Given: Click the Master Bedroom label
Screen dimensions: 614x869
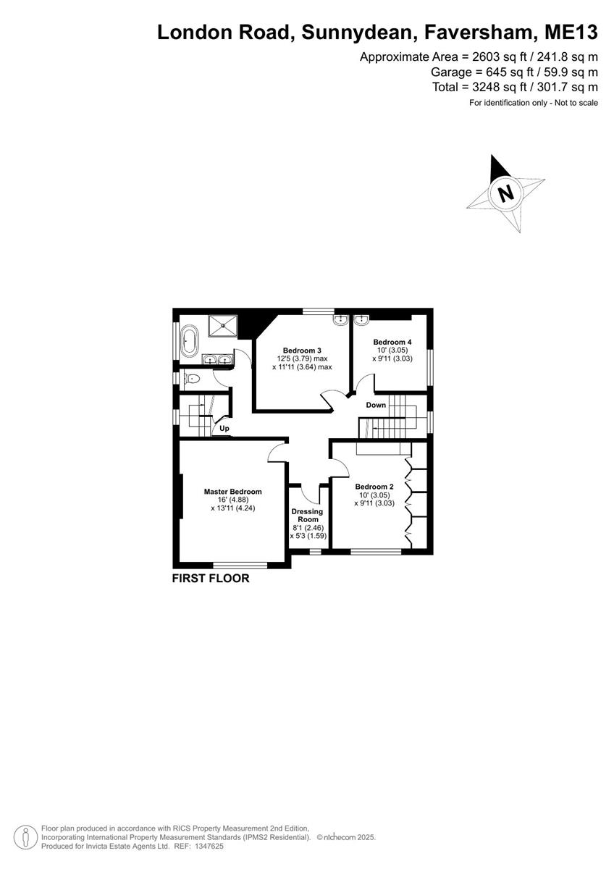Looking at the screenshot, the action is point(232,492).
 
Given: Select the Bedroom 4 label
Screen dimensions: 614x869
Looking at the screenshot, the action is point(392,342).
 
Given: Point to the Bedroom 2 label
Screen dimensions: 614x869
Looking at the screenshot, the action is point(374,487).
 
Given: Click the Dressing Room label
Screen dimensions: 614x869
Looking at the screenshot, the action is point(307,515).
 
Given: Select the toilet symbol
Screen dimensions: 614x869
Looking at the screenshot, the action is point(191,378).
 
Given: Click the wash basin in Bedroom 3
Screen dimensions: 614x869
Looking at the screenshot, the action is point(340,319).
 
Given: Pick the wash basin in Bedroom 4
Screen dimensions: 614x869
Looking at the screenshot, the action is point(361,319).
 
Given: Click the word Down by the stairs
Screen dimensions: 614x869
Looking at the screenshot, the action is point(376,405).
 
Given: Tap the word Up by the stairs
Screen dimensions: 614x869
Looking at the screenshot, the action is point(224,428).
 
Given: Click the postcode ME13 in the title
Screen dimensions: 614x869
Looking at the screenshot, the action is point(571,33).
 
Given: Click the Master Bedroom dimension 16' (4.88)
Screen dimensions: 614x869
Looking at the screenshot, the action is point(232,500).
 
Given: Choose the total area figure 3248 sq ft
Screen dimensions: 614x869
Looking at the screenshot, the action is point(500,88).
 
